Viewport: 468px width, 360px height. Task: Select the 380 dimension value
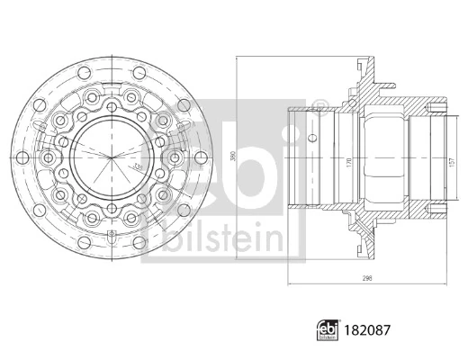[x=233, y=155]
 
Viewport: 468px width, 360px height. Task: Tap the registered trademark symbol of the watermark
[x=320, y=109]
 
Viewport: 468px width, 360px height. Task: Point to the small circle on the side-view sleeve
[x=312, y=139]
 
